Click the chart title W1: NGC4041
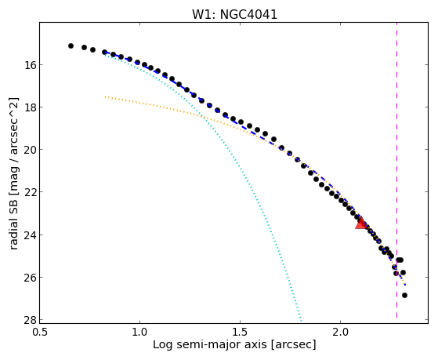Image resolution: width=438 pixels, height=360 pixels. [234, 14]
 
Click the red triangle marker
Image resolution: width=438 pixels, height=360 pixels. [361, 224]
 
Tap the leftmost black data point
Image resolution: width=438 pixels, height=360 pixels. [71, 45]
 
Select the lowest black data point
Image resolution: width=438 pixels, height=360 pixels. [404, 295]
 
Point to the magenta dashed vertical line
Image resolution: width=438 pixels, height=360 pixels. [396, 173]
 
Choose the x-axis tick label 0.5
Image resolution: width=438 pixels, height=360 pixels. [40, 332]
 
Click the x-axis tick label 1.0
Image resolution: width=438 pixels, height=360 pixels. [139, 332]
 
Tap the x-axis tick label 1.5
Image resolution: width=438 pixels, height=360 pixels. [240, 332]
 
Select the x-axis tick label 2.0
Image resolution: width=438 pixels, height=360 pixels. [340, 332]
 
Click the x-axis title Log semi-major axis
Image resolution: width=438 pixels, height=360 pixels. [209, 344]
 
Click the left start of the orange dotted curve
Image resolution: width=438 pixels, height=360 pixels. [105, 96]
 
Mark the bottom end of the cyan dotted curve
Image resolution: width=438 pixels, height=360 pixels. [301, 321]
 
